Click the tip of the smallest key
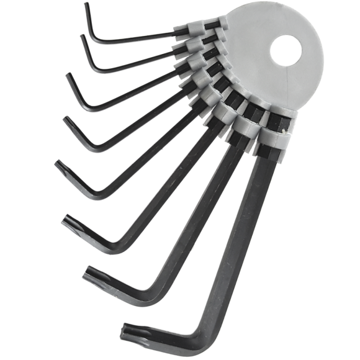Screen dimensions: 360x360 86,6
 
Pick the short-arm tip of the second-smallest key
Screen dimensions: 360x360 83,38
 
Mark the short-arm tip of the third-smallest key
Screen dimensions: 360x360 69,77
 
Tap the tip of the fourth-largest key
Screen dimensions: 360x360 60,165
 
